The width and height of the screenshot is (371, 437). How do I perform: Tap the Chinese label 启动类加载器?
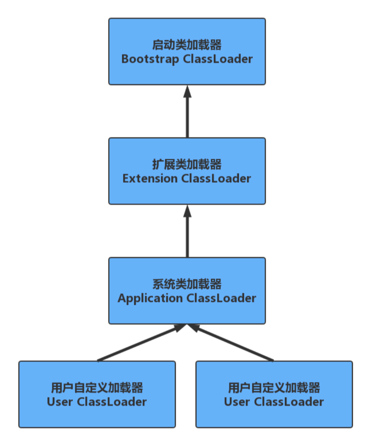tap(187, 44)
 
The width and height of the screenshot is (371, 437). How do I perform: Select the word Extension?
tap(150, 178)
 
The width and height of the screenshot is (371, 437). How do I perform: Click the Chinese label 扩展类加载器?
tap(187, 164)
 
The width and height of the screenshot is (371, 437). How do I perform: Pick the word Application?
tap(150, 298)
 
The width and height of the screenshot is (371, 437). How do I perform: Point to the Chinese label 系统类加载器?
tap(187, 284)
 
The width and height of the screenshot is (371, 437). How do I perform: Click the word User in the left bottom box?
tap(60, 402)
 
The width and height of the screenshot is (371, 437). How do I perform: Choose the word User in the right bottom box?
tap(237, 402)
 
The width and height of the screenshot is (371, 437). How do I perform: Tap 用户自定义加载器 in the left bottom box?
tap(97, 387)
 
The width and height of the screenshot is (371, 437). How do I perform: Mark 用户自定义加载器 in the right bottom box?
tap(274, 387)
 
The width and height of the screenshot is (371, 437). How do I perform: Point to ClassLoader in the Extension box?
tap(216, 178)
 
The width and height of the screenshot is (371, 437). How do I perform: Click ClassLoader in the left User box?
tap(111, 402)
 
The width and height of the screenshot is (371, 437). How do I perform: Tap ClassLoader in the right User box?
tap(289, 402)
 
